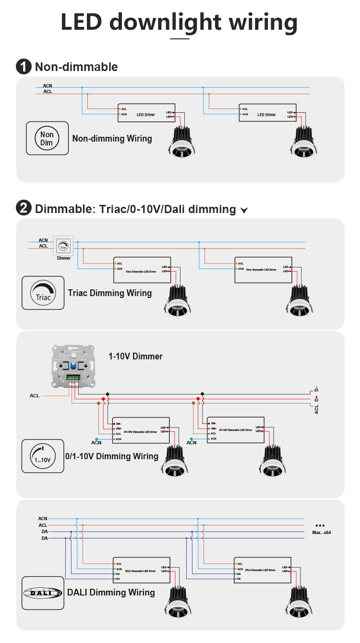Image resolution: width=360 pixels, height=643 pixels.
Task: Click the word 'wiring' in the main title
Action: tap(263, 22)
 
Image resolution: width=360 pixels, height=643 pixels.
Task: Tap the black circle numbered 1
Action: tap(24, 67)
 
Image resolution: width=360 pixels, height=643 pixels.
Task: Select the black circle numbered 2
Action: tap(24, 209)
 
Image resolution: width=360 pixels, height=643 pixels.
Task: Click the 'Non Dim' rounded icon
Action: tap(47, 138)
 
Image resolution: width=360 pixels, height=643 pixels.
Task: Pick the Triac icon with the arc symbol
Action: tap(43, 293)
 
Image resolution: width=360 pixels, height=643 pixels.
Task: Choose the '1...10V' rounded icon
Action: tap(43, 455)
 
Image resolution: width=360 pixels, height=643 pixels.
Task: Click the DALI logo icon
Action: tap(43, 593)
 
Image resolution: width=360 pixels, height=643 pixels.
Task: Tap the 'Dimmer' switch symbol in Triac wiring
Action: tap(63, 246)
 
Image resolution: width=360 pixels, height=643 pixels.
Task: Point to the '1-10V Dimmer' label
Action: tap(135, 357)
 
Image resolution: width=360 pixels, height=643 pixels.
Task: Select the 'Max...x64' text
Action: tap(321, 533)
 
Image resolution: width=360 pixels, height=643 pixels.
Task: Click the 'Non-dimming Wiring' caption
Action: tap(112, 139)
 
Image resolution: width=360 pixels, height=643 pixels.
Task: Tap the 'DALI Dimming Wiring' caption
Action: tap(111, 593)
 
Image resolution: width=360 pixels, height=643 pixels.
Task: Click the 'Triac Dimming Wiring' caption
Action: tap(110, 293)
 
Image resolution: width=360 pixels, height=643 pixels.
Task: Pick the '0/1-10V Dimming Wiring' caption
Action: tap(112, 456)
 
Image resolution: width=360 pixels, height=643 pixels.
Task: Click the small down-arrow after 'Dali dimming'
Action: tap(244, 210)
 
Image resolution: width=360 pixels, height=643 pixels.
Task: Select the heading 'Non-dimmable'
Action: tap(76, 67)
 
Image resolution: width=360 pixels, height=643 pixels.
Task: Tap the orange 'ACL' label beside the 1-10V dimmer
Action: tap(35, 396)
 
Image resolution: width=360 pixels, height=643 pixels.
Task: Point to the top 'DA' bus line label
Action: tap(44, 532)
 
